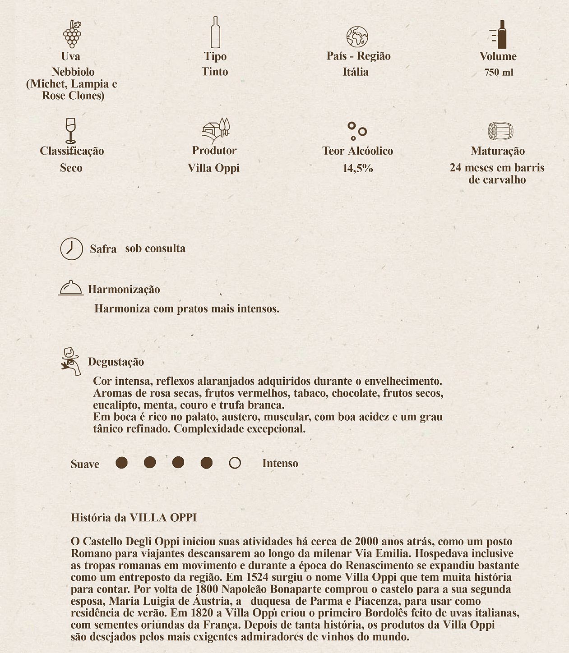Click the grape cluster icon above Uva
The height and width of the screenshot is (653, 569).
pos(72,34)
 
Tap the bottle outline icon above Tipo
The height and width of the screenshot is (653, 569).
pos(215,32)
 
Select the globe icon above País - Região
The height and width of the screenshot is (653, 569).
pos(357,37)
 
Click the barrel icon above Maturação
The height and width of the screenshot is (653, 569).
pos(500,131)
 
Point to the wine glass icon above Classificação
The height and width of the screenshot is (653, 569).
pos(71,130)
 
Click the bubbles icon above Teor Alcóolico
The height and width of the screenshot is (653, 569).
pos(356,131)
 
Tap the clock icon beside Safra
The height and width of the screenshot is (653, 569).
pos(71,248)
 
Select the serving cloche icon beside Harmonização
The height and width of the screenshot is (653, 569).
pos(71,288)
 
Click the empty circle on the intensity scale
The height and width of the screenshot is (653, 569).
pos(235,463)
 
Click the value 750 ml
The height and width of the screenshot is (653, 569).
pos(499,73)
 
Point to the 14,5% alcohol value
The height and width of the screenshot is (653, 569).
pos(358,169)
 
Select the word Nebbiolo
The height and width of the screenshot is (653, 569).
pos(73,72)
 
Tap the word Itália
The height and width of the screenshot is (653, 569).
pos(356,72)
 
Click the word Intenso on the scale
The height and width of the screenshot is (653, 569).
pos(280,464)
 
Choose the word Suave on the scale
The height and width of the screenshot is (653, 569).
pos(85,464)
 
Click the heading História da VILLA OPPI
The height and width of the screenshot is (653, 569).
pos(134,517)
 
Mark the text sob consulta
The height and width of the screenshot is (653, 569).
pos(155,248)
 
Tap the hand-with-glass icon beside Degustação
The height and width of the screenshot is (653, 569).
pos(71,361)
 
